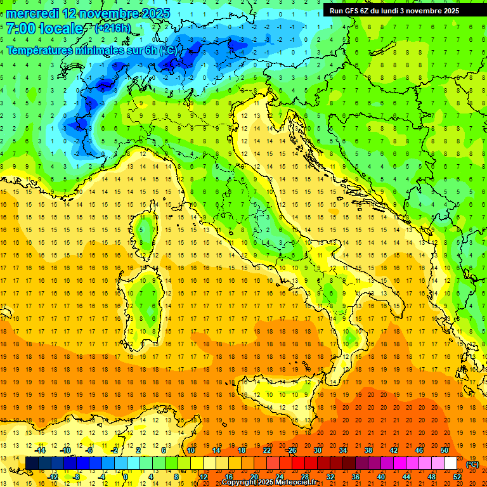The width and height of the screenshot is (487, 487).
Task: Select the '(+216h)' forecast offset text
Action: pos(112,28)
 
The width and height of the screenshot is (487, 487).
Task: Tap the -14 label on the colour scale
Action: pos(40,450)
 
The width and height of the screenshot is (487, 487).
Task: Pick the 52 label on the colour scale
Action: pos(457,476)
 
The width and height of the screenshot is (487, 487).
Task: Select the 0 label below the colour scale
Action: pos(126,476)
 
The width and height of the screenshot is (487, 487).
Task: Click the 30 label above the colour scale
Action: pos(317,450)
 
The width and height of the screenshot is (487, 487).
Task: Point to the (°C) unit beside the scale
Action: pos(472,464)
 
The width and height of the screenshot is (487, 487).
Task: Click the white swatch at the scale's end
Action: pos(450,463)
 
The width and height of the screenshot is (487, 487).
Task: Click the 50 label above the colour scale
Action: pos(444,450)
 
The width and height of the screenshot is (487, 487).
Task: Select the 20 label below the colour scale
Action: pos(254,476)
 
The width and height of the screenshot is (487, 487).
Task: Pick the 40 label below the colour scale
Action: pos(381,476)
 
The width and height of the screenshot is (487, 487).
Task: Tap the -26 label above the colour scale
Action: pos(291,450)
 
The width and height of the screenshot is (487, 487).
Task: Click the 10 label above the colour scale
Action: pos(190,450)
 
